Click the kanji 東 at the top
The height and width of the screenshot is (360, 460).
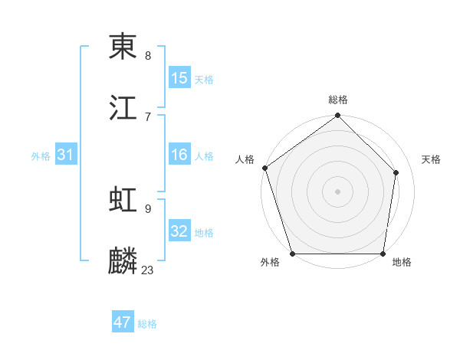(123, 47)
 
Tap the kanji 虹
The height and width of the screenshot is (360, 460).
(123, 201)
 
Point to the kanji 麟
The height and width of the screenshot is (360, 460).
(123, 261)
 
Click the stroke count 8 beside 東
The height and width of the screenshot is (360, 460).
(148, 56)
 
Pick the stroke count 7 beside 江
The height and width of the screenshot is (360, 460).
(148, 116)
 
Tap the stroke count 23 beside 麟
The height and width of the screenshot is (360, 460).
(148, 270)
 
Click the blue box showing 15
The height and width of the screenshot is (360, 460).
(179, 78)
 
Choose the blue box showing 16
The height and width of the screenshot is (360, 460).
(179, 155)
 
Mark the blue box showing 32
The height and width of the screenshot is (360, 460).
(179, 231)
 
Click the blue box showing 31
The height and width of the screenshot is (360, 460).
(66, 155)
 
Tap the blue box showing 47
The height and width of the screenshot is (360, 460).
(123, 322)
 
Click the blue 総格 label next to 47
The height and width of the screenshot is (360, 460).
(147, 324)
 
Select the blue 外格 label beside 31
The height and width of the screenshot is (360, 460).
(41, 156)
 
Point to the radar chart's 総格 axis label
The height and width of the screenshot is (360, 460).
(338, 100)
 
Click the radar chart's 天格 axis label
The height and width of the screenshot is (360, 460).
(431, 159)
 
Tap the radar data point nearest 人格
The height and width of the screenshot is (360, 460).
(265, 168)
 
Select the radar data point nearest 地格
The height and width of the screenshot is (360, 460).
(383, 254)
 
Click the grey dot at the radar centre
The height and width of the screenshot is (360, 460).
(338, 191)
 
